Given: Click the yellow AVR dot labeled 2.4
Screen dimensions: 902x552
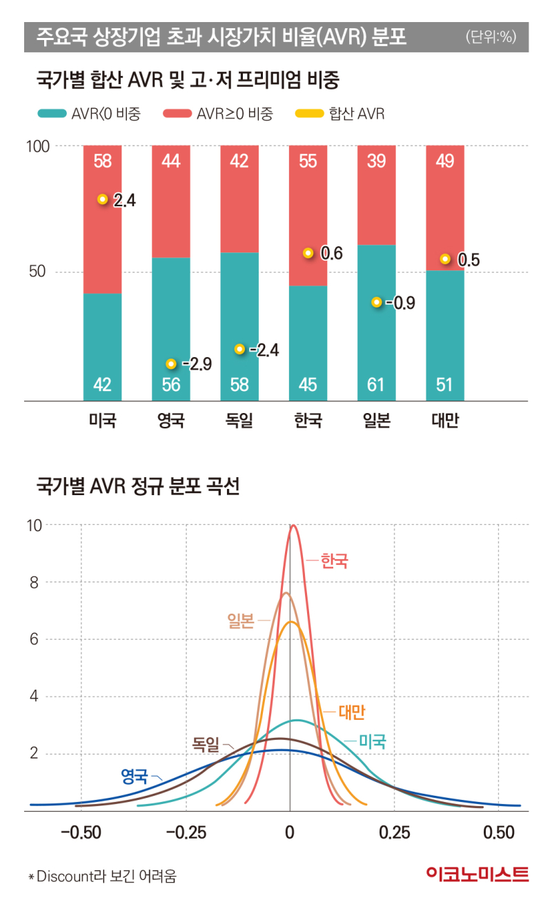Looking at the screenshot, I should [x=103, y=199].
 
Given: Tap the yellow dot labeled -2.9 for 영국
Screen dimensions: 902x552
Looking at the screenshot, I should [x=171, y=364].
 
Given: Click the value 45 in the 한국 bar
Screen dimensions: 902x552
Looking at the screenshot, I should [x=308, y=384].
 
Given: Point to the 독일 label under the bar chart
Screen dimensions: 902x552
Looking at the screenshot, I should [x=239, y=421].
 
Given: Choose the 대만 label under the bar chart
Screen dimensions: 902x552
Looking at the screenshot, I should [x=444, y=421].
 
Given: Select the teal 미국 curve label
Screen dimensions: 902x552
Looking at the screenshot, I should [x=372, y=742].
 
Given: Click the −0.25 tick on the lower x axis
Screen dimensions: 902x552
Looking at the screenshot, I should [x=186, y=832].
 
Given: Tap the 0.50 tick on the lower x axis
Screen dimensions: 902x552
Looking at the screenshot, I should [x=499, y=832].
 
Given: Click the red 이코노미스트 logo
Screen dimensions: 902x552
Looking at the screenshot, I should [x=477, y=875].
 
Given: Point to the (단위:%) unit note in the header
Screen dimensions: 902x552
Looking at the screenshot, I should [x=490, y=37].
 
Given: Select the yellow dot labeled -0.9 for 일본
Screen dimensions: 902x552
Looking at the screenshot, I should [x=376, y=303].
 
